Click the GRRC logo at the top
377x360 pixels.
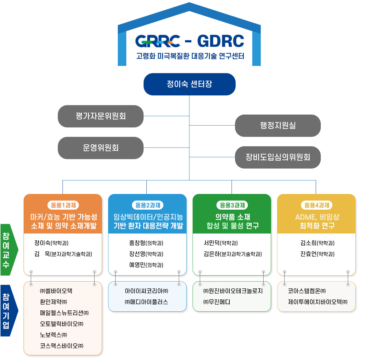pyautogui.click(x=158, y=41)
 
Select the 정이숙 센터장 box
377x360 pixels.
pyautogui.click(x=189, y=84)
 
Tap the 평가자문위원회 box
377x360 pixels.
pyautogui.click(x=101, y=116)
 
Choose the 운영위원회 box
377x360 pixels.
pyautogui.click(x=101, y=148)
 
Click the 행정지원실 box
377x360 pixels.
pyautogui.click(x=278, y=126)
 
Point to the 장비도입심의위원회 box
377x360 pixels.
pyautogui.click(x=278, y=157)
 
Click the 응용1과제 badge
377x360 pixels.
pyautogui.click(x=63, y=205)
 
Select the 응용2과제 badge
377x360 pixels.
pyautogui.click(x=148, y=205)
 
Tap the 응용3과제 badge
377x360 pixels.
pyautogui.click(x=232, y=205)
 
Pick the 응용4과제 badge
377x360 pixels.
pyautogui.click(x=317, y=205)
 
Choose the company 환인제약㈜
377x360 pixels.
pyautogui.click(x=53, y=302)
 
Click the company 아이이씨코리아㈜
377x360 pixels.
pyautogui.click(x=146, y=291)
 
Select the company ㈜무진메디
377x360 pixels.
pyautogui.click(x=217, y=302)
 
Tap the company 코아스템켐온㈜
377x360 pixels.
pyautogui.click(x=307, y=291)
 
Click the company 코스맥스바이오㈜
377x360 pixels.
pyautogui.click(x=62, y=346)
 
